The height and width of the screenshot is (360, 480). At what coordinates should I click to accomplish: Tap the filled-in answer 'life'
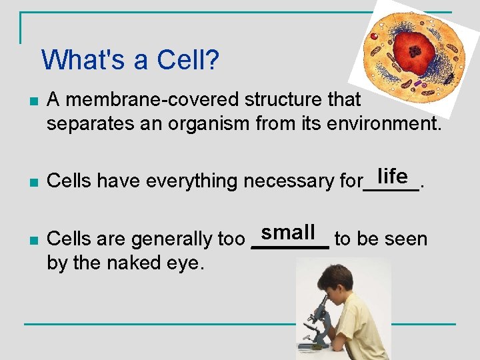click(x=392, y=176)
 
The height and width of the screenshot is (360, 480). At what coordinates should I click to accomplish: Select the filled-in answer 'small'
click(x=288, y=233)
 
